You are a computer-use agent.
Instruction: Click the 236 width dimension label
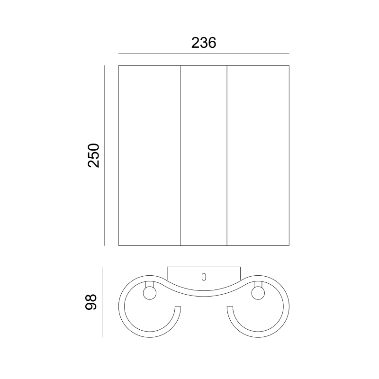[x=204, y=43]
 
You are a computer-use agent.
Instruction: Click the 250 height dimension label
[x=93, y=155]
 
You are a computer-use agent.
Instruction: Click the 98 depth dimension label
[x=91, y=302]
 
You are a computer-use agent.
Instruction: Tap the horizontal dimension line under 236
[x=204, y=54]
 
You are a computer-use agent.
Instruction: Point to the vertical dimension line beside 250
[x=105, y=155]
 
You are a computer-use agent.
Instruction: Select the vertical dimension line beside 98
[x=102, y=302]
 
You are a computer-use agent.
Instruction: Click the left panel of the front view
[x=150, y=155]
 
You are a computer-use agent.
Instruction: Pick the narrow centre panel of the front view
[x=204, y=155]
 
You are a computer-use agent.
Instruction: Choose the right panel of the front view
[x=258, y=155]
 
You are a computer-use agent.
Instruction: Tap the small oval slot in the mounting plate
[x=204, y=277]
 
